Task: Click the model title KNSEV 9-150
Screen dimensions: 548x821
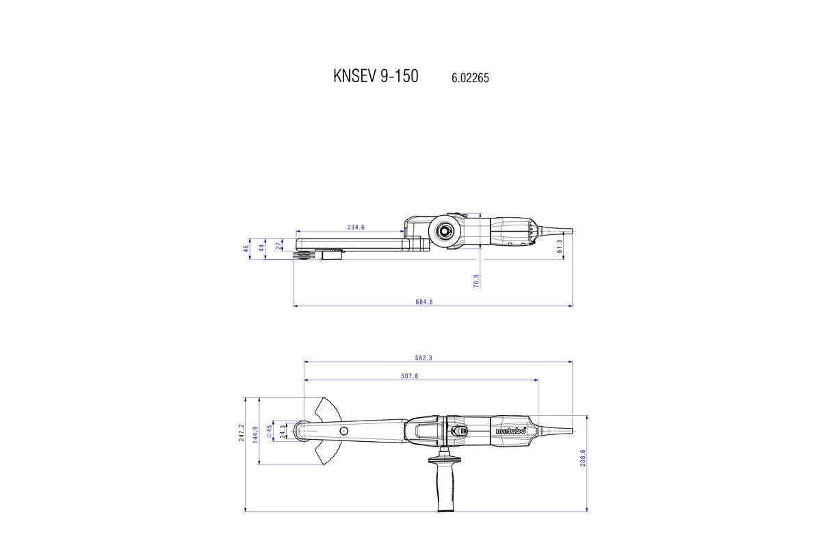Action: (x=376, y=75)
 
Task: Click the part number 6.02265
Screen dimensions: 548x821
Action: (x=470, y=78)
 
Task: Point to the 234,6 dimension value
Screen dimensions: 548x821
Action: (x=356, y=227)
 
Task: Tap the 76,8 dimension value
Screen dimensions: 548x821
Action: (x=476, y=279)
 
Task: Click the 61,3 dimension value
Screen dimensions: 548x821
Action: (x=560, y=246)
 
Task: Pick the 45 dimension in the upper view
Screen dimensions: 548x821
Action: (x=246, y=249)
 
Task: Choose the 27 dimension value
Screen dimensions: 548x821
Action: (x=277, y=245)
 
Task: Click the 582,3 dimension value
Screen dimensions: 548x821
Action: (x=423, y=358)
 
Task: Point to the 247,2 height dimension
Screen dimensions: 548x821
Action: (x=242, y=432)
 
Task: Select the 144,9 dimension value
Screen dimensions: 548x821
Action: (x=256, y=434)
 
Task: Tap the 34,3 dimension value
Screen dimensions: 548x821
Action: (x=283, y=431)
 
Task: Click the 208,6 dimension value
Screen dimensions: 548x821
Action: (x=583, y=458)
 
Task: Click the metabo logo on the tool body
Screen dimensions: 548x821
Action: (x=510, y=431)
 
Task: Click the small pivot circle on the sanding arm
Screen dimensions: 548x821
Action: (x=343, y=430)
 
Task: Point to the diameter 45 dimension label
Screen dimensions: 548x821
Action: (x=270, y=430)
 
